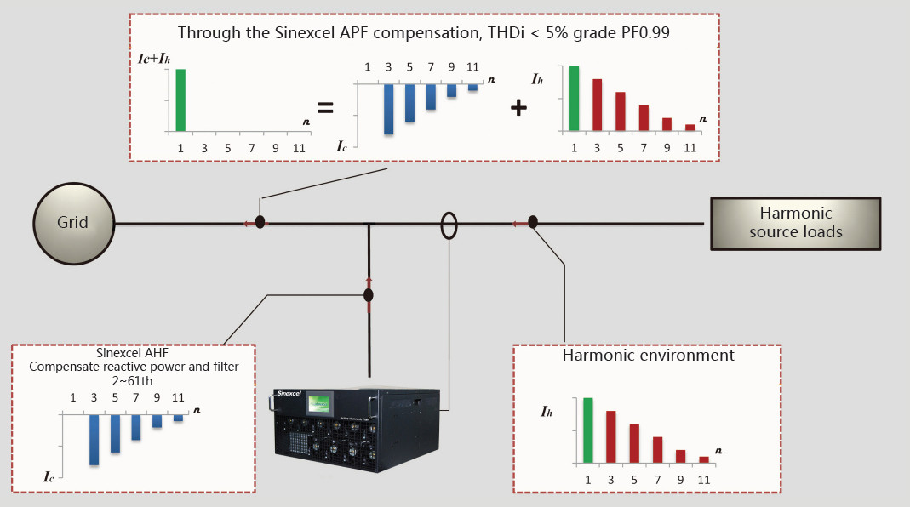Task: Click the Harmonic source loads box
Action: click(x=795, y=223)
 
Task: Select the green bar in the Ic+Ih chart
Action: click(x=180, y=100)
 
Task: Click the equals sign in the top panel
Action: click(x=324, y=108)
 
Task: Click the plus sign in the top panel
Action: click(x=518, y=107)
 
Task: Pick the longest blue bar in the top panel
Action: click(x=388, y=109)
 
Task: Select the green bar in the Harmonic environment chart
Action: click(x=588, y=430)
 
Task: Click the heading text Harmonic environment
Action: click(x=648, y=356)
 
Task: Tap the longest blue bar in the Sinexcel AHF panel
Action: click(x=94, y=439)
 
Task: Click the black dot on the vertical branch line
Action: click(x=369, y=295)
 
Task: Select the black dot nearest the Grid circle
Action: click(x=260, y=222)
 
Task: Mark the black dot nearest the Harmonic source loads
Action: click(x=533, y=222)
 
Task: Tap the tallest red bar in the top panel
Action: click(x=598, y=105)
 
